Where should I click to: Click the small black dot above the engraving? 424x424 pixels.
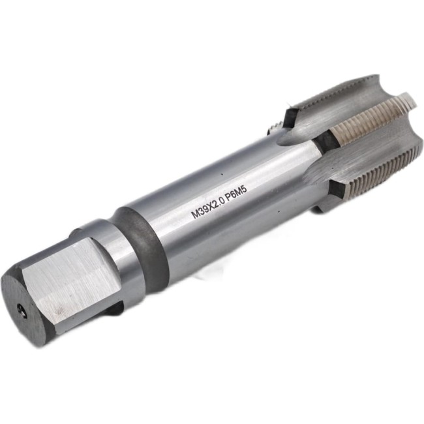pyautogui.click(x=222, y=174)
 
